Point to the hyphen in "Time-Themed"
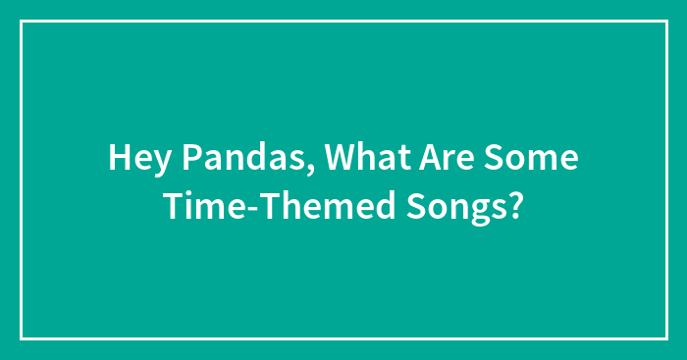pos(241,208)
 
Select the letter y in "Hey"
pos(155,162)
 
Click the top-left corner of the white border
pos(22,21)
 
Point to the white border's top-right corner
pos(665,21)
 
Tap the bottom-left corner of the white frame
pos(22,338)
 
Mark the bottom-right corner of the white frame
pos(665,338)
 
